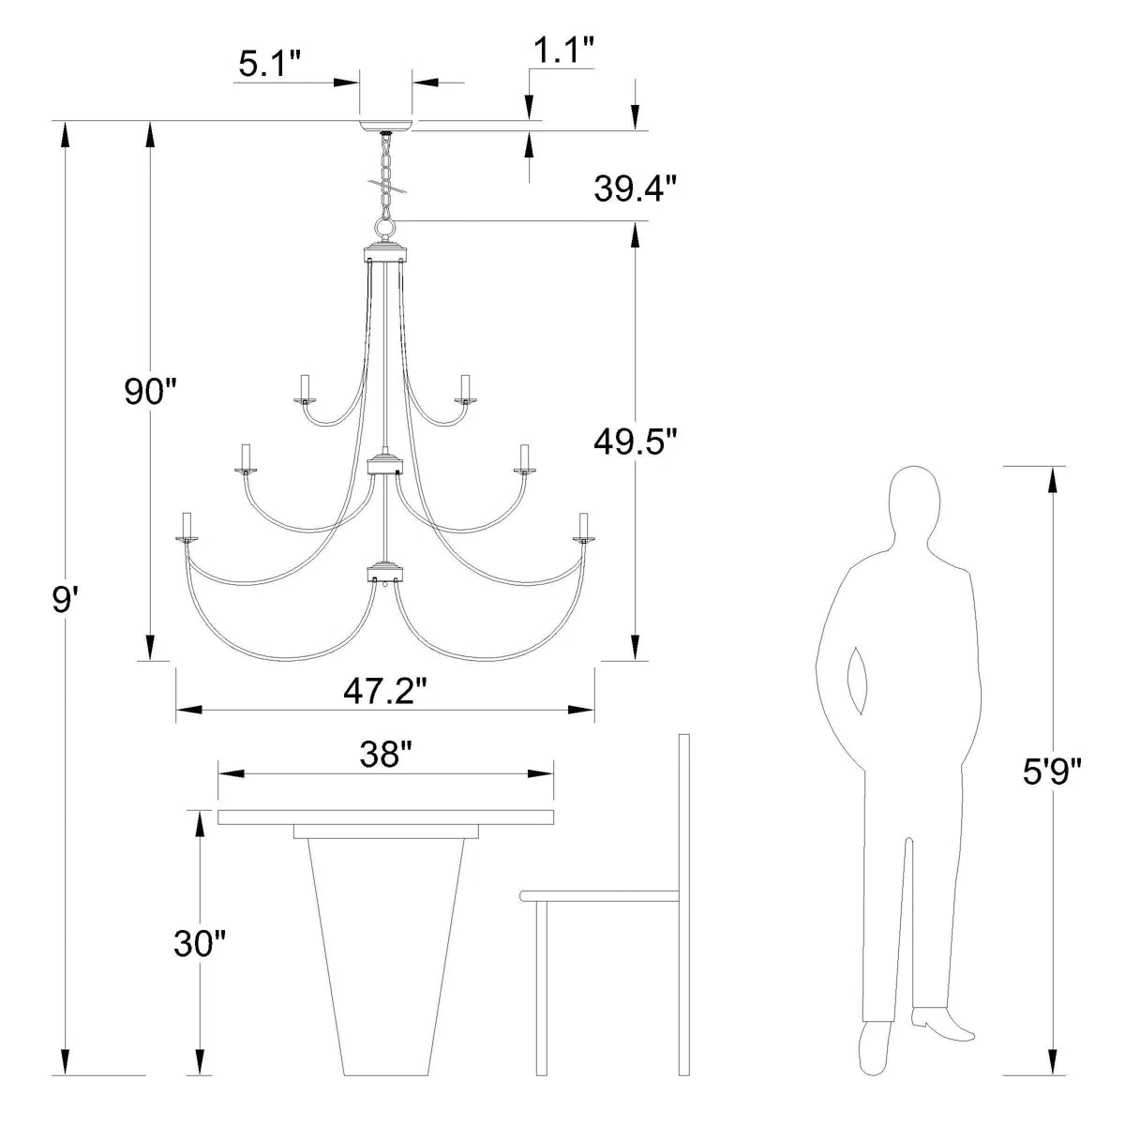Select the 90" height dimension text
(152, 391)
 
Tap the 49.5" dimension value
(635, 440)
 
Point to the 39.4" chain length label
(635, 189)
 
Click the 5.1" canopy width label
(269, 64)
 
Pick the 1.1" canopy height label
(563, 52)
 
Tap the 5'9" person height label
(1051, 773)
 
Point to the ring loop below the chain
(385, 228)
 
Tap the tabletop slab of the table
(385, 817)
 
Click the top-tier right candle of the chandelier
(463, 386)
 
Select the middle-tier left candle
(248, 457)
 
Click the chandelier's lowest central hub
(385, 570)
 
